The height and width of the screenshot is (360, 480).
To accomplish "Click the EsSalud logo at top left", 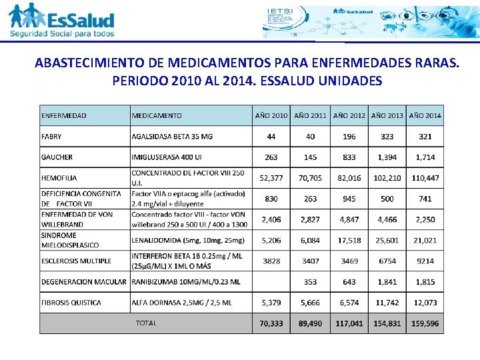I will (x=62, y=21).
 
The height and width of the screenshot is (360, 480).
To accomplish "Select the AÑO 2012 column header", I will (x=349, y=115).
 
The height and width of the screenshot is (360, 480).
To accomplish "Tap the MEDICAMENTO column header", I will (x=157, y=115).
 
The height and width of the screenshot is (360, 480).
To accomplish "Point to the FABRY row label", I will (x=51, y=137).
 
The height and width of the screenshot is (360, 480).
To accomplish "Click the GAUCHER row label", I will (x=57, y=157).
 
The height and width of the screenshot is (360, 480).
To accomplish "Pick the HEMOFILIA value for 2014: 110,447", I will (x=425, y=178).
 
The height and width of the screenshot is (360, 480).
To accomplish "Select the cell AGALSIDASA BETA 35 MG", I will (x=172, y=137).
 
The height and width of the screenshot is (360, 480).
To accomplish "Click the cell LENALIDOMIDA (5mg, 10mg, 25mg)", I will (x=188, y=240).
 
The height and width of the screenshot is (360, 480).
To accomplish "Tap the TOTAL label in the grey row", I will (x=146, y=323).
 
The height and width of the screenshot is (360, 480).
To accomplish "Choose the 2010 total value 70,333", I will (x=271, y=323).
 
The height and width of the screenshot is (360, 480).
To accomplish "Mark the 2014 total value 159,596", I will (x=425, y=323).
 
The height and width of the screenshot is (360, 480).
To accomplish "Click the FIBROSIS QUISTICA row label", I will (x=72, y=303).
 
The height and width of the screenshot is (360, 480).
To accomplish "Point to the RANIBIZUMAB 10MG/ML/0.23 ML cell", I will (x=186, y=282).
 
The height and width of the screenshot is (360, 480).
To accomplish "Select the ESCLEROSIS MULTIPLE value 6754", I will (x=387, y=261).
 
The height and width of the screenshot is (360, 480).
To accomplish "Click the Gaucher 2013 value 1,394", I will (x=387, y=157).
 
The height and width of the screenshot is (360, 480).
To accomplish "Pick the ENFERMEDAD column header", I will (x=64, y=115).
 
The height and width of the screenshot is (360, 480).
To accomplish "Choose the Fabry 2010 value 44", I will (x=271, y=137).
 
